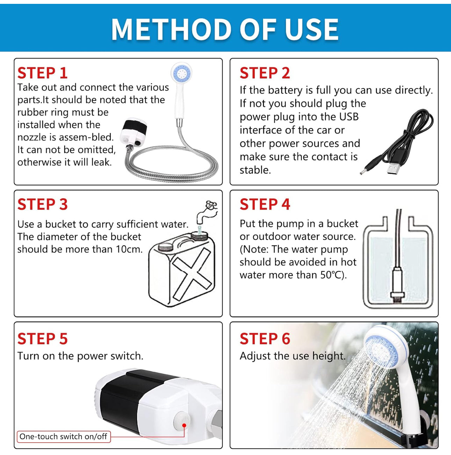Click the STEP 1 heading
point(42,73)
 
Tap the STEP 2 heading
point(265,73)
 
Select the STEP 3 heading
point(42,204)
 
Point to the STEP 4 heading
point(265,204)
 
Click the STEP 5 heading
point(42,339)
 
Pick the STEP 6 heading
point(265,339)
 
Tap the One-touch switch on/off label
point(63,436)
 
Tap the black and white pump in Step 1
point(133,131)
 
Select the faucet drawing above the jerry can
point(206,212)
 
